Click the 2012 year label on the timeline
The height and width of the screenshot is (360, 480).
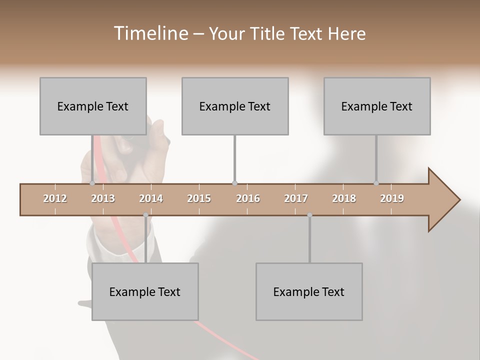(x=55, y=198)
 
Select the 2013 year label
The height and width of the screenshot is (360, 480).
(x=103, y=198)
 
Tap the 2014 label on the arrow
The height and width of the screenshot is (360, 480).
(x=151, y=198)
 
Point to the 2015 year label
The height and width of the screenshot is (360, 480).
(x=199, y=198)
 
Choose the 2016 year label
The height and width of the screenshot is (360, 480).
(x=248, y=198)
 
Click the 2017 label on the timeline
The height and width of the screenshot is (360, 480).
(x=296, y=198)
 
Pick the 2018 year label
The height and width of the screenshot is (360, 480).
(x=344, y=198)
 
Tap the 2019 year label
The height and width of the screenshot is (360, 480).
(x=392, y=198)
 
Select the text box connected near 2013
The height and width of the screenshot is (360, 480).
(x=93, y=106)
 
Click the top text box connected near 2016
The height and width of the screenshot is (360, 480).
(x=235, y=106)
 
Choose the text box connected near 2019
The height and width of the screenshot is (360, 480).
(x=377, y=106)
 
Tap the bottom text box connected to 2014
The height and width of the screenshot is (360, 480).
(x=145, y=291)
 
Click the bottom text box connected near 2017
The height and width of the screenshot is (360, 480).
(x=309, y=291)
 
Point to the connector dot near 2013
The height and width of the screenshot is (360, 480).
(x=92, y=183)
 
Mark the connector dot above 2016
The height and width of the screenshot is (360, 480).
(x=235, y=183)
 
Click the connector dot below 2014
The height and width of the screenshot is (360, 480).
(x=145, y=215)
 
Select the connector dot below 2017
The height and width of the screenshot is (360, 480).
(x=309, y=215)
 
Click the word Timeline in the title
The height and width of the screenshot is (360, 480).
(x=150, y=33)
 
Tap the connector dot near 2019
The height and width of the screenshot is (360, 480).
(x=376, y=183)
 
